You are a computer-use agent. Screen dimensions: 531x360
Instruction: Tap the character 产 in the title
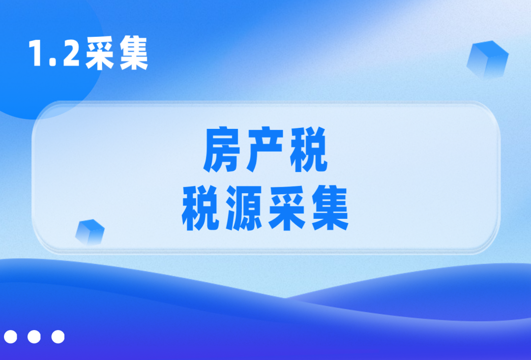265,150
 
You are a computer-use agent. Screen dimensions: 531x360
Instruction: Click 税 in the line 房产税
308,150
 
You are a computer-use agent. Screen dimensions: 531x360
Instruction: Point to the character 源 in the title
244,208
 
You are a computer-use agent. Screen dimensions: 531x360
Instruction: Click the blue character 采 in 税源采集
287,208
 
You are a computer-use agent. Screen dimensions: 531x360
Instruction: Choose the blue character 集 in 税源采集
330,208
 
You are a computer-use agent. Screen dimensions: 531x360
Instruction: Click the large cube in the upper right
487,60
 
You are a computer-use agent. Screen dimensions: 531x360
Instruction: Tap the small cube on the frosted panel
90,232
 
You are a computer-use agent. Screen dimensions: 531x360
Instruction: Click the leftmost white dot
10,336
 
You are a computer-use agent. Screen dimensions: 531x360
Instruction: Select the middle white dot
34,336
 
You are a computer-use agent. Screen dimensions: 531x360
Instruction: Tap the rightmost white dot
58,336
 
